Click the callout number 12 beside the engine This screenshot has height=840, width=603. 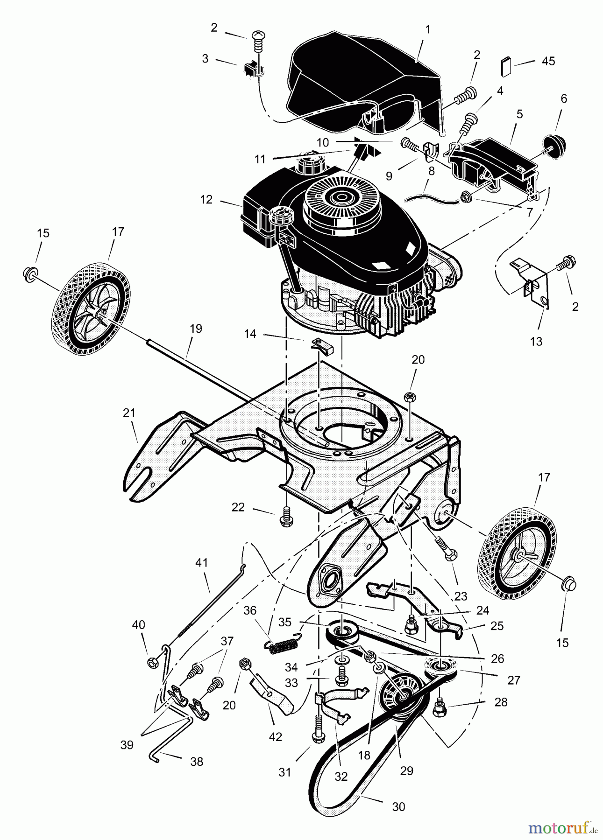coord(206,199)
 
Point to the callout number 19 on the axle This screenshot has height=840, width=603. coord(196,329)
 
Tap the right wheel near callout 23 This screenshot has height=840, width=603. coord(517,556)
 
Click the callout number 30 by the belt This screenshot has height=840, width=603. coord(398,806)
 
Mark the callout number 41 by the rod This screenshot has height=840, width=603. coord(201,563)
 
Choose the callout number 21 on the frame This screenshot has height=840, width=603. coord(129,413)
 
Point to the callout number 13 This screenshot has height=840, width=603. coord(536,341)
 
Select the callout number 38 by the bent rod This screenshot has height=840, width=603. coord(197,762)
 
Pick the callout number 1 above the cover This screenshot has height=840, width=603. coord(427,29)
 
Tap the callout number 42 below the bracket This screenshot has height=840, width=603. coord(276,737)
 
